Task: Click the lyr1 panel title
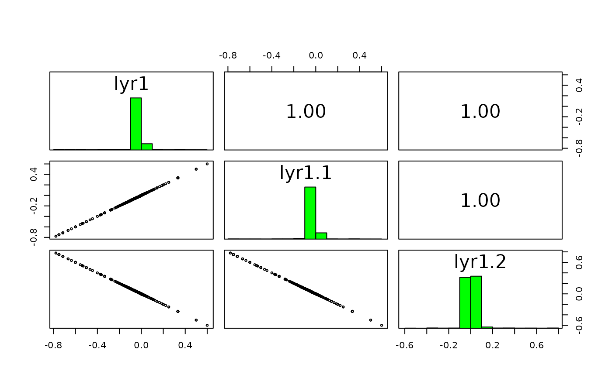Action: [x=131, y=83]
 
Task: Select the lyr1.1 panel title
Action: [x=306, y=173]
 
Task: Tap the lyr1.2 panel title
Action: [x=480, y=262]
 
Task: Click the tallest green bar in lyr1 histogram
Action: [x=136, y=124]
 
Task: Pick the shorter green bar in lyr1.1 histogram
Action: [x=321, y=236]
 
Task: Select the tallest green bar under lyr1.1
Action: [x=310, y=213]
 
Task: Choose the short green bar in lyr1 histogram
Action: [x=146, y=147]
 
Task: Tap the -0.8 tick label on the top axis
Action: [x=228, y=56]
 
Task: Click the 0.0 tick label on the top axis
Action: [x=316, y=56]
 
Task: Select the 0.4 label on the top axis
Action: [x=360, y=56]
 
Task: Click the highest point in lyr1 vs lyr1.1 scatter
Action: [x=207, y=164]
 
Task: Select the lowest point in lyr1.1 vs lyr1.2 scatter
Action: [x=382, y=325]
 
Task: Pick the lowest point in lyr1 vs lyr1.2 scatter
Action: [x=207, y=325]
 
